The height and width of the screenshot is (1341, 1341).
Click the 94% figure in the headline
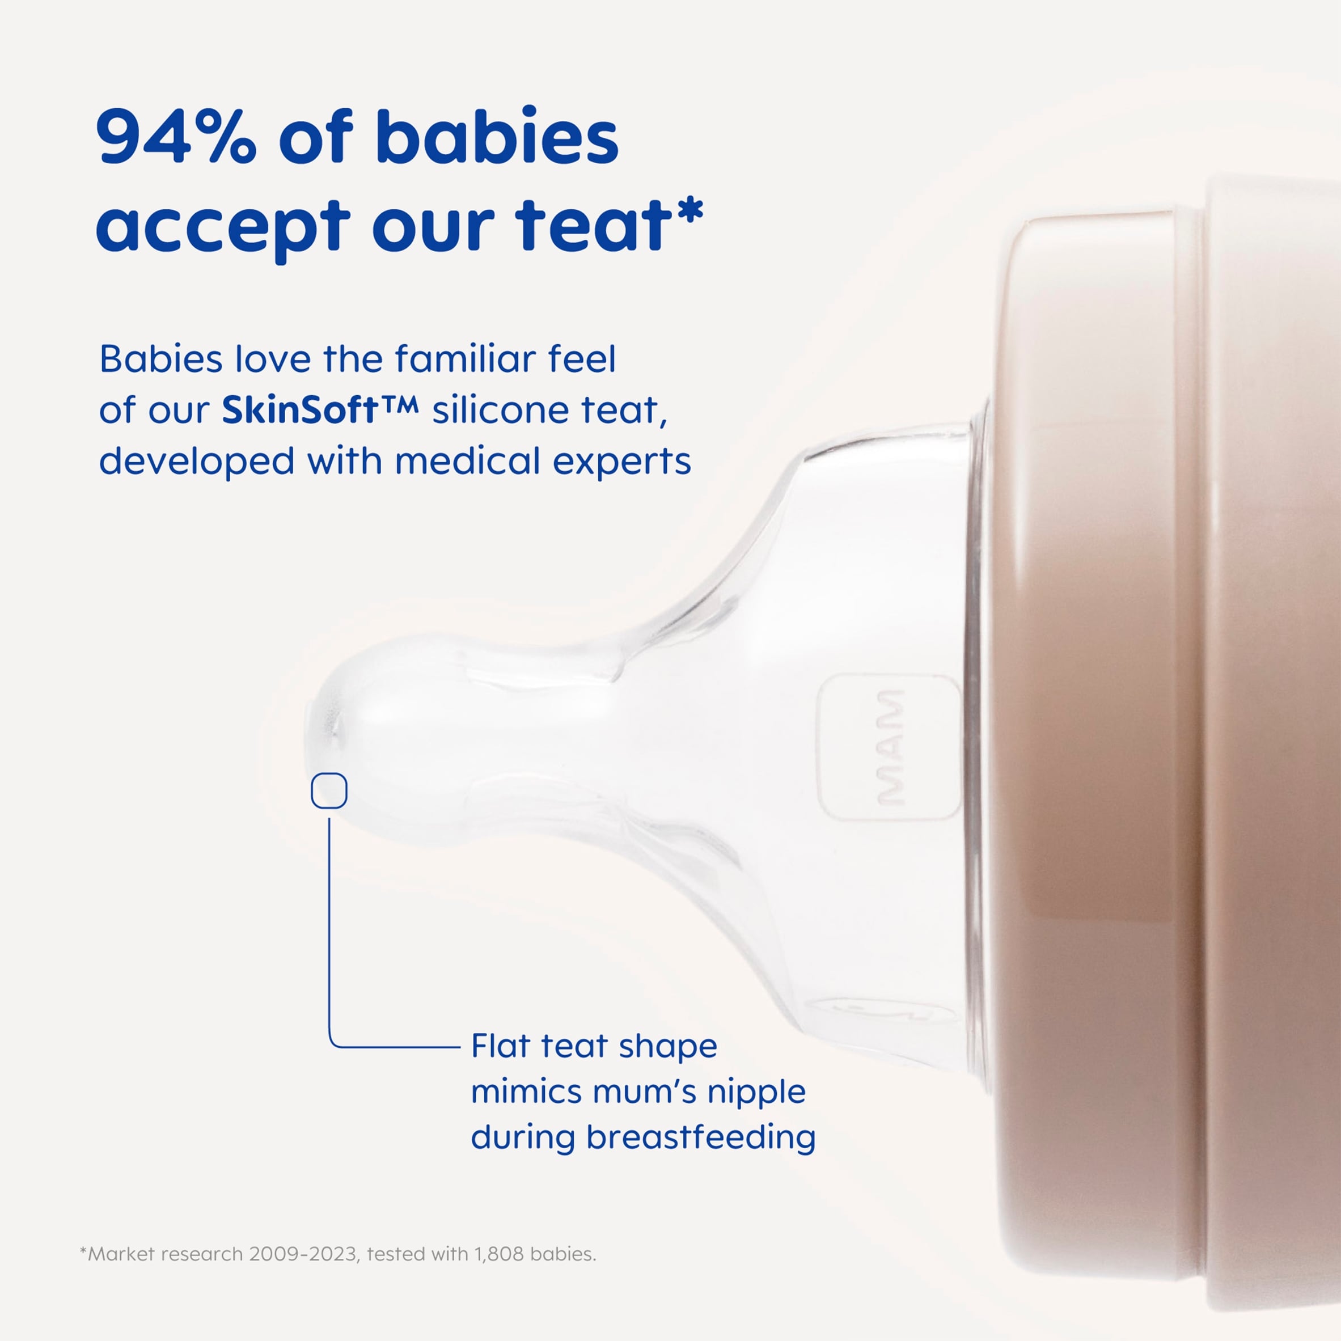click(x=176, y=137)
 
